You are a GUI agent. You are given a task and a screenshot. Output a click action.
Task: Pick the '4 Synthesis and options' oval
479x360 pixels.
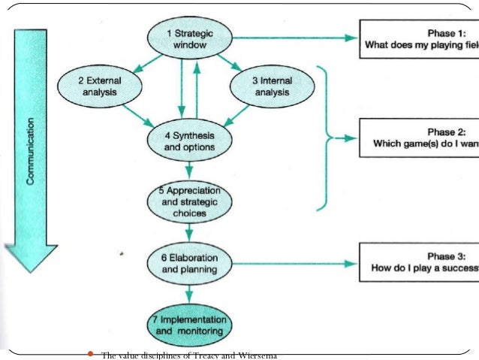(188, 141)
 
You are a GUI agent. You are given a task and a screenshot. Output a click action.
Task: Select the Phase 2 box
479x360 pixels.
(420, 138)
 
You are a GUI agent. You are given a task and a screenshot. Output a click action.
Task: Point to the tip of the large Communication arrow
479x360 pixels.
(31, 269)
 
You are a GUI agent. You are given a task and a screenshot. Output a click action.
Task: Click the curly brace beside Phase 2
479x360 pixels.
(324, 138)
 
